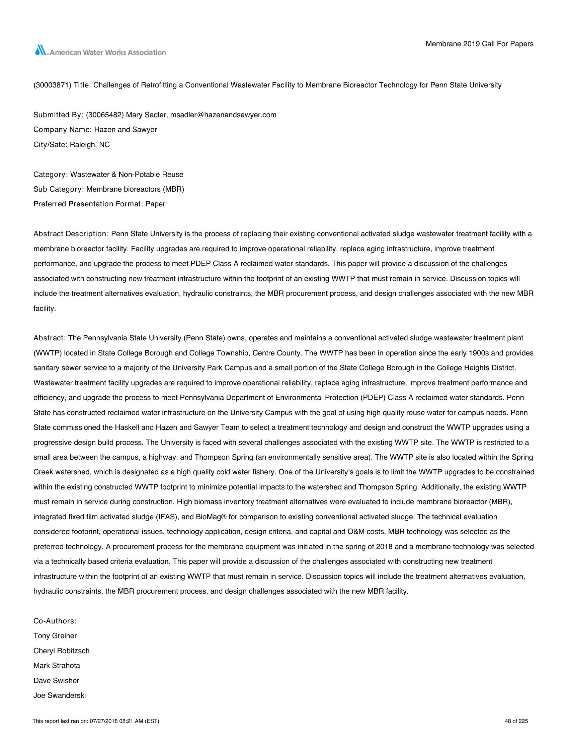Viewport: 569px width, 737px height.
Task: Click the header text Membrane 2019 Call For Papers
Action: (479, 44)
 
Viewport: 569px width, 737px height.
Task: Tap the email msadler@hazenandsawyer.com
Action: (223, 115)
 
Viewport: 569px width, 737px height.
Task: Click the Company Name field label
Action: (63, 130)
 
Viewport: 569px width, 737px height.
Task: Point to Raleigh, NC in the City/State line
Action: (90, 145)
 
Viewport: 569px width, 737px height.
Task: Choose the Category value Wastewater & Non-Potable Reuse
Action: (127, 175)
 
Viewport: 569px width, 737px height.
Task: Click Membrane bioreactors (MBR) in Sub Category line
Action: (135, 189)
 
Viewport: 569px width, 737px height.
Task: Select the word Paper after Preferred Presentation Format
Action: (155, 204)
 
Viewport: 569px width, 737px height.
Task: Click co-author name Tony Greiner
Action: (55, 636)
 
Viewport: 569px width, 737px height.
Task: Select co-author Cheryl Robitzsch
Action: (61, 651)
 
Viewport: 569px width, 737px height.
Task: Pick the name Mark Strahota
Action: (57, 665)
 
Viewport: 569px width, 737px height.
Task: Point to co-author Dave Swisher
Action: (56, 680)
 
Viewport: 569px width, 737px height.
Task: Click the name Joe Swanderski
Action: (60, 695)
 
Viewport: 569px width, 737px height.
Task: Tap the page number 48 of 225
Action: (516, 721)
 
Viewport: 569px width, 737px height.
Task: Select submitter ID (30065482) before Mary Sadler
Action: (105, 115)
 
